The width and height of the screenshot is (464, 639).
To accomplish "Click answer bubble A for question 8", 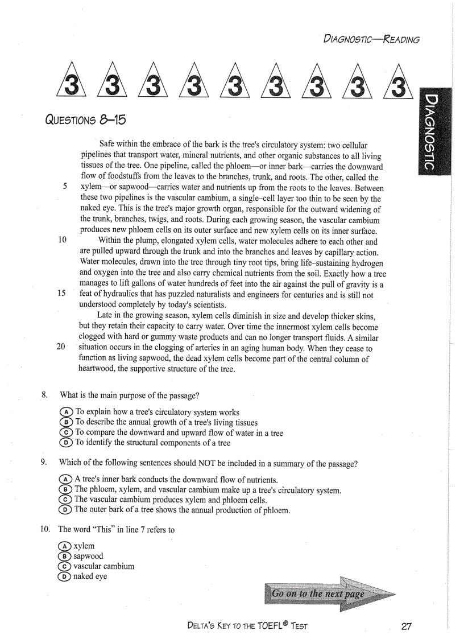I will [67, 412].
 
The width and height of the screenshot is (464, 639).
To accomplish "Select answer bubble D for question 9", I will [65, 510].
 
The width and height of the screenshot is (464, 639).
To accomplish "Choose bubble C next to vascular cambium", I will [64, 566].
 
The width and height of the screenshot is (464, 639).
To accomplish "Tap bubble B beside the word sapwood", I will [64, 556].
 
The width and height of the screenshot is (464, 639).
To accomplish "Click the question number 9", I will [44, 463].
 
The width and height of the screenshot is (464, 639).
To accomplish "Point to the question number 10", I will [45, 530].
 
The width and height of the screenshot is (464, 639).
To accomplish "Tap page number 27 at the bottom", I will [406, 626].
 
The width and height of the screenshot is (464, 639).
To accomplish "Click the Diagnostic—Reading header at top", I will [371, 39].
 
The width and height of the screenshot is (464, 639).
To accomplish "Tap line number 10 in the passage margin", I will [62, 240].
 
